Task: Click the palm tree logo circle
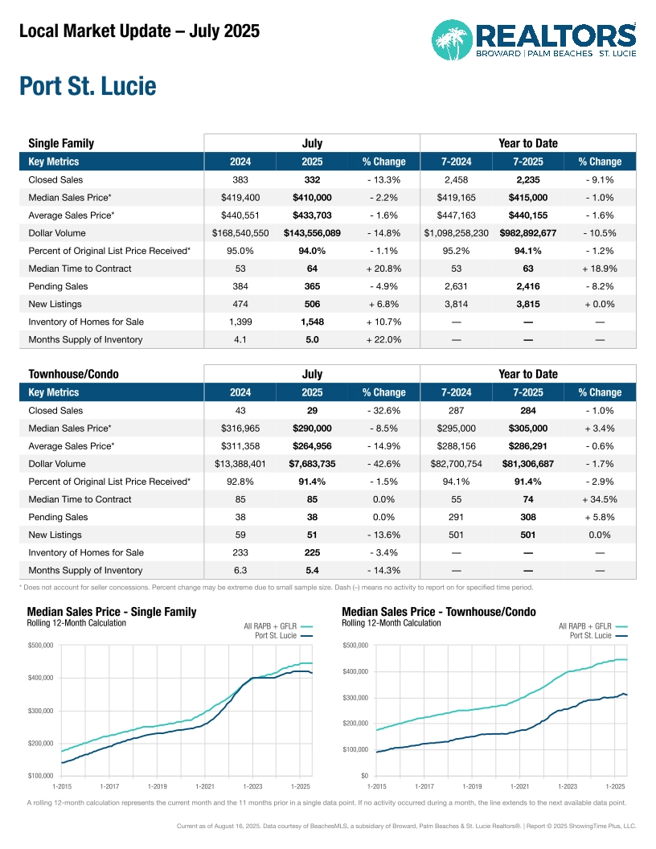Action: point(453,39)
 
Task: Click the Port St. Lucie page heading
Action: point(88,86)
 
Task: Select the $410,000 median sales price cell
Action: point(312,198)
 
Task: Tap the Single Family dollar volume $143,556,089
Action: point(312,233)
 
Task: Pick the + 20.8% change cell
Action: point(383,269)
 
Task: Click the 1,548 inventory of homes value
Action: point(312,322)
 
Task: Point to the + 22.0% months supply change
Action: point(383,339)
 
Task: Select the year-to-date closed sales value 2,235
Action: point(527,180)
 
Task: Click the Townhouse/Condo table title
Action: point(68,375)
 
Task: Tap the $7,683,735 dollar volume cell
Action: point(312,464)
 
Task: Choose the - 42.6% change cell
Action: point(383,464)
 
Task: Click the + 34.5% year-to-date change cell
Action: point(600,499)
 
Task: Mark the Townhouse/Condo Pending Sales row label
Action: point(58,517)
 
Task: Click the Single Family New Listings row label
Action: point(55,304)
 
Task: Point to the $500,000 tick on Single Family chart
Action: point(39,645)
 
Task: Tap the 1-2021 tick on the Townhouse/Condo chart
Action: point(520,785)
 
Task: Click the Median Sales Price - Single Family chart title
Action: point(112,612)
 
